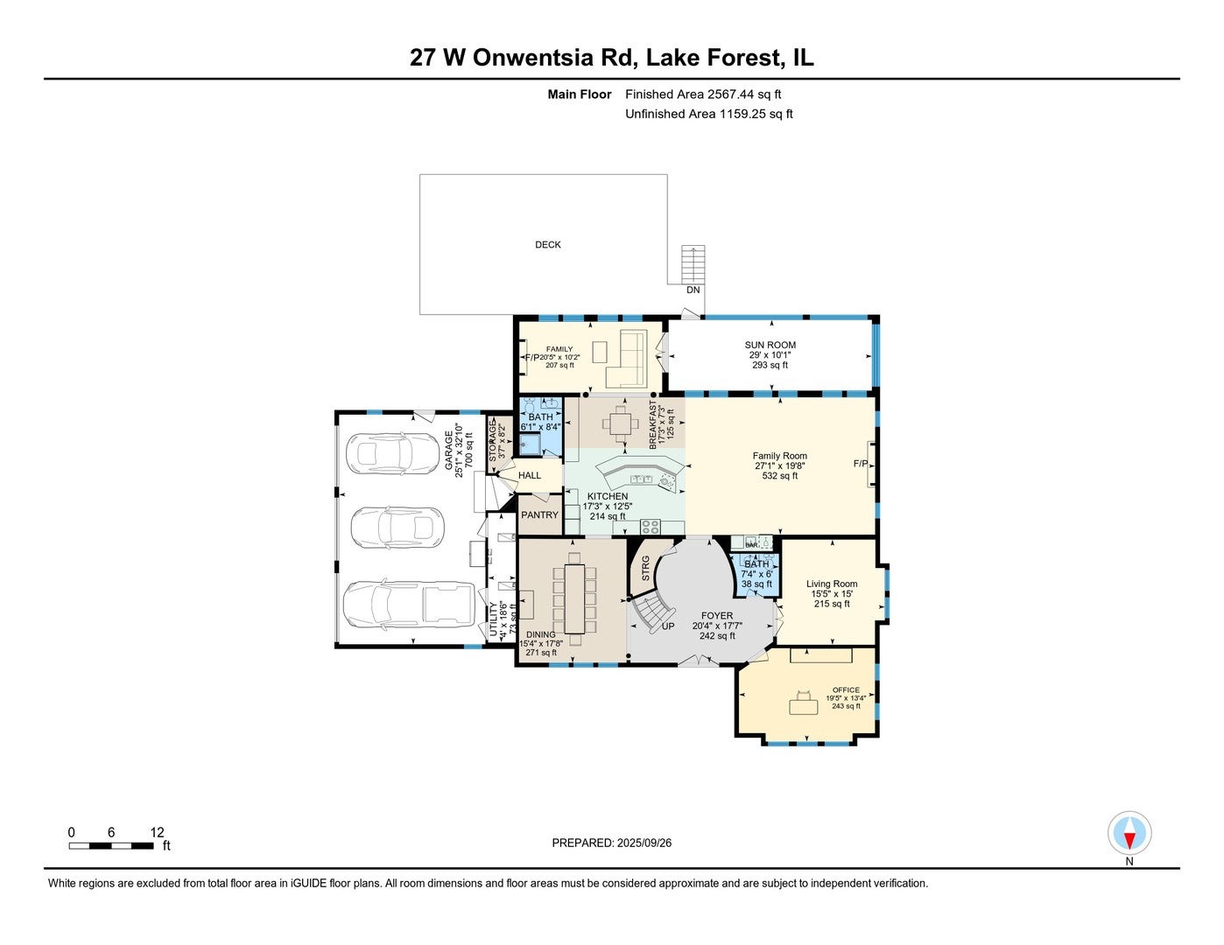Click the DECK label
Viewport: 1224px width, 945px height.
[548, 245]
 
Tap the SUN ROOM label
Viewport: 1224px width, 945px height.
[770, 345]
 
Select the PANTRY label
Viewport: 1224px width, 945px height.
[539, 515]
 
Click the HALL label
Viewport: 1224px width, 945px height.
[530, 476]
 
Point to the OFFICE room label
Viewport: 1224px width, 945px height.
[846, 690]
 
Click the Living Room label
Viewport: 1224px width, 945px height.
[832, 584]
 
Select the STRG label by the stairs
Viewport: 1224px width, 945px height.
[646, 569]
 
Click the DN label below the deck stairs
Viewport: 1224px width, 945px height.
[693, 290]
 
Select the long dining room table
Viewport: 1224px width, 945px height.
[574, 598]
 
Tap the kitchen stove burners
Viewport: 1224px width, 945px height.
[651, 526]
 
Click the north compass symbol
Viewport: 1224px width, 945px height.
[1129, 833]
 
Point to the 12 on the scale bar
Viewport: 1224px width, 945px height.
[158, 832]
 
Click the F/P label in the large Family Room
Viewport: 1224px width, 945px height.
[860, 463]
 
